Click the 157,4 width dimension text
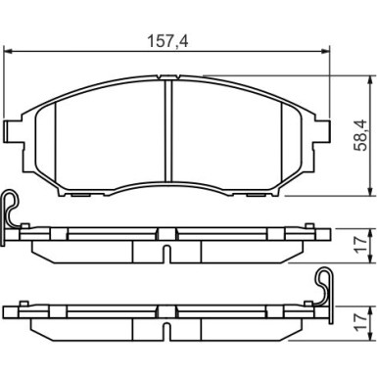pos(167,41)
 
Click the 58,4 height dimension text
pos(360,135)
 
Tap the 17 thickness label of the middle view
pos(360,245)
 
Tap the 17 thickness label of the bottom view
pos(360,323)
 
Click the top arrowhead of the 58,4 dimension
pos(370,80)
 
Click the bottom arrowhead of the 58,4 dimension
pos(370,192)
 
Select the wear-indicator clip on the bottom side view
pos(325,287)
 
